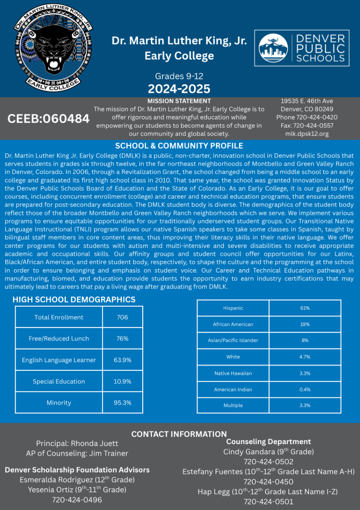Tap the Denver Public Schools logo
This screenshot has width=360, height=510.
click(x=302, y=48)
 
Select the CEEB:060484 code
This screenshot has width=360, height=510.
click(x=48, y=118)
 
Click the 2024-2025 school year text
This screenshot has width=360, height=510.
click(x=179, y=89)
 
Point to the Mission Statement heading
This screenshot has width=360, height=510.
click(x=179, y=101)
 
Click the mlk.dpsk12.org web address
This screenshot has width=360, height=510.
click(x=307, y=134)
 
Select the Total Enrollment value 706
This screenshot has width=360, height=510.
click(x=122, y=317)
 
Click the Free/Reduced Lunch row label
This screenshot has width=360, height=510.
click(x=59, y=339)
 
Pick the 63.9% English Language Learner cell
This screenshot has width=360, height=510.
click(x=122, y=360)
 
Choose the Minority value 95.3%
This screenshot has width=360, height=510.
click(x=122, y=403)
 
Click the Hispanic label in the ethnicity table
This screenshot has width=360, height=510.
click(x=233, y=308)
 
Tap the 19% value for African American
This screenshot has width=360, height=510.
click(x=305, y=325)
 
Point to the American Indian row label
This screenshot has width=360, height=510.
click(x=233, y=390)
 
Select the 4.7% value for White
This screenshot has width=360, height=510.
click(x=305, y=357)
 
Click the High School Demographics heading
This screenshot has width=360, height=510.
click(x=74, y=300)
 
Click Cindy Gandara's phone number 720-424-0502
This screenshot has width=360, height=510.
click(x=268, y=461)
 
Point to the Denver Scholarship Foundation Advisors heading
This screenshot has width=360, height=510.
click(x=77, y=470)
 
